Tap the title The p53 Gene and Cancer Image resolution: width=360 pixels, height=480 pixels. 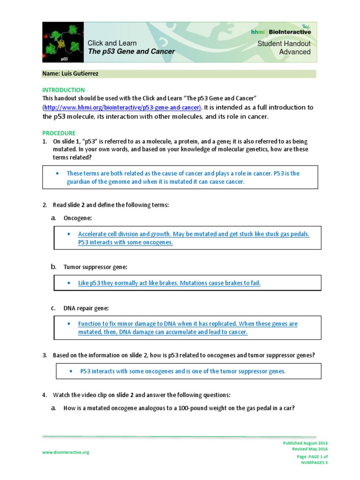[131, 52]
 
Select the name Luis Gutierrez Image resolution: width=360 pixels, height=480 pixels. [70, 74]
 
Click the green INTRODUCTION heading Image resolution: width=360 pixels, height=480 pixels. [64, 90]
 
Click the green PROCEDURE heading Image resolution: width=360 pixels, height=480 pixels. [59, 133]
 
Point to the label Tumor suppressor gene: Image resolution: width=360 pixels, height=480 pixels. [96, 267]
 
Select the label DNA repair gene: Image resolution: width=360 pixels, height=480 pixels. [86, 308]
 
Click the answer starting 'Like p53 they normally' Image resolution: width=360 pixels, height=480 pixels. [169, 283]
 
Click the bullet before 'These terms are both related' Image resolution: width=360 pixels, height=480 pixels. [57, 173]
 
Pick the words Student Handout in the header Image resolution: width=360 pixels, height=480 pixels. [284, 44]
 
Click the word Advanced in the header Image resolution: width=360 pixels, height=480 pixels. [295, 52]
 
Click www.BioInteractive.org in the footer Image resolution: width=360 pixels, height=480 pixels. [66, 452]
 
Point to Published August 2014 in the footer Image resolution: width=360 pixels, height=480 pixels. [305, 443]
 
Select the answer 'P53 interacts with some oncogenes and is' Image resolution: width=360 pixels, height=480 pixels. [183, 371]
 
